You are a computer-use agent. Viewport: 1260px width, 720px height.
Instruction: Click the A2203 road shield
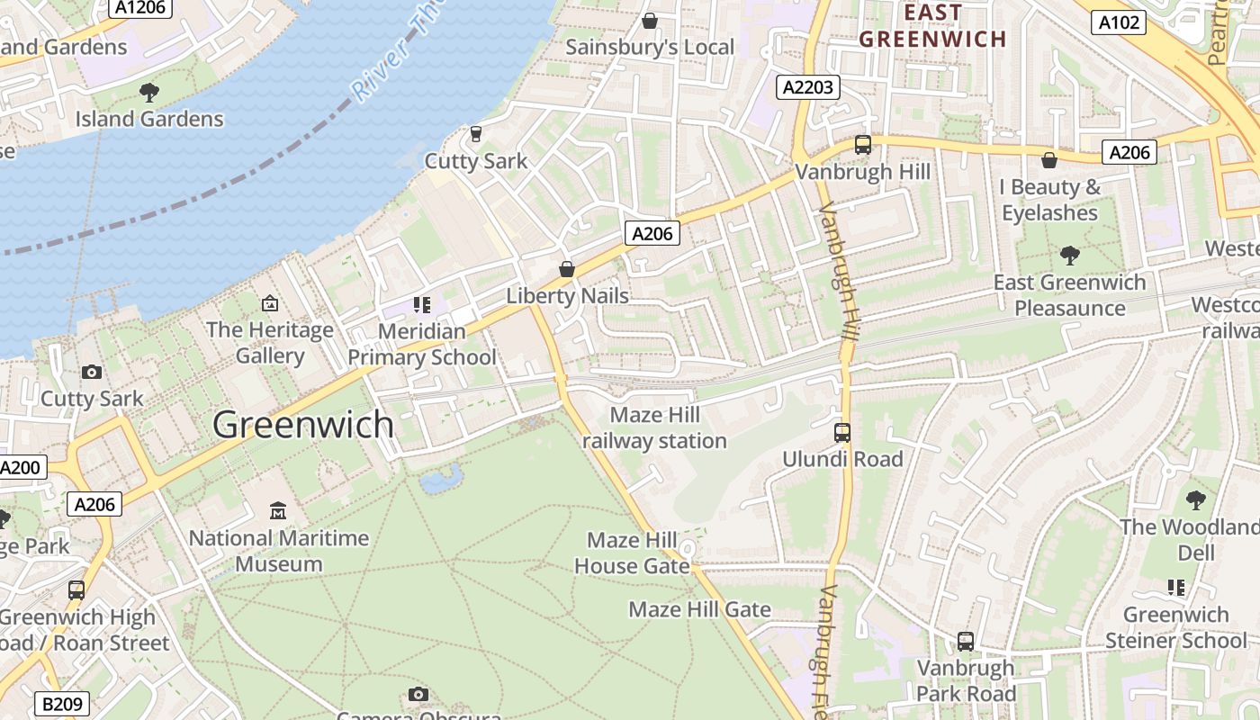[807, 87]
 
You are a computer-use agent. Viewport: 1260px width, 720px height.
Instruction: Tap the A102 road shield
[1119, 22]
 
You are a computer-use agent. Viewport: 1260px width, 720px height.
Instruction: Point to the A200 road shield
[20, 467]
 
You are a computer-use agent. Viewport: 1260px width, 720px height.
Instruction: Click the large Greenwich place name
[303, 425]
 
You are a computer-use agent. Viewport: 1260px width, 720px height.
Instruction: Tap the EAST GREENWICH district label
[932, 26]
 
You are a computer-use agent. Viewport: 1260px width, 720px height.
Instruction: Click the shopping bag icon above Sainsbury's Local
[649, 21]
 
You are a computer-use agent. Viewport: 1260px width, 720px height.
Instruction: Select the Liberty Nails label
[567, 295]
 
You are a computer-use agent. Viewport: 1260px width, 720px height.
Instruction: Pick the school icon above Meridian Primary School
[422, 305]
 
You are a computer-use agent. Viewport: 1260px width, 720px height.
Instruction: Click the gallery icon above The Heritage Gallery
[269, 303]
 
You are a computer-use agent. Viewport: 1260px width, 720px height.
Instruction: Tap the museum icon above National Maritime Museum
[278, 511]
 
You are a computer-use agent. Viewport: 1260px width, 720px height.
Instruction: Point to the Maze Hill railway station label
[654, 427]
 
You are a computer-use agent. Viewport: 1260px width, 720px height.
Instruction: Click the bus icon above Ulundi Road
[841, 433]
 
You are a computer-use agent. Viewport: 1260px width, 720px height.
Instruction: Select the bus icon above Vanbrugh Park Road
[966, 642]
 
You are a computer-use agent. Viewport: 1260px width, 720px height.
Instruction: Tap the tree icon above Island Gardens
[149, 92]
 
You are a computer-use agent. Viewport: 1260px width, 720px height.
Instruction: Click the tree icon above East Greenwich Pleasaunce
[1069, 256]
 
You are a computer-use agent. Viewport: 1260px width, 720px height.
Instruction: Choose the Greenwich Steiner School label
[1175, 627]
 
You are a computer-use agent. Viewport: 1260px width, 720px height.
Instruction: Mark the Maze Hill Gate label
[699, 609]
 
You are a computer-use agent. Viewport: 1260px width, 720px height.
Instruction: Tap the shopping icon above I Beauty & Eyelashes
[1049, 161]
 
